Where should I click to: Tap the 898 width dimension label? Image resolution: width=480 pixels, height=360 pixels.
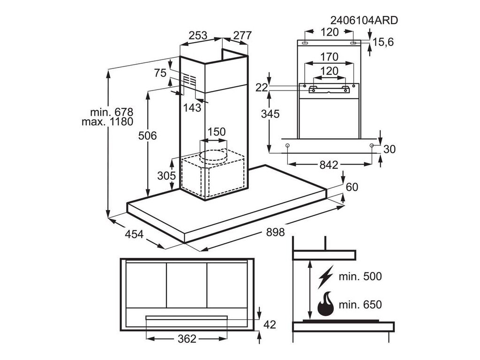point(275,232)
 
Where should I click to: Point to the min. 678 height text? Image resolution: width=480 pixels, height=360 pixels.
point(112,112)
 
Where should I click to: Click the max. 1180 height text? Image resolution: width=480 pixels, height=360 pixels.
point(107,122)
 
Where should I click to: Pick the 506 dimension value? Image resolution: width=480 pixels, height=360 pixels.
point(147,135)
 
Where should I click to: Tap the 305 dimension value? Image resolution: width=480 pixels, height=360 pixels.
point(166,176)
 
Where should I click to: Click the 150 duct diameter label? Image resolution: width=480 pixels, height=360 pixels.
point(216,132)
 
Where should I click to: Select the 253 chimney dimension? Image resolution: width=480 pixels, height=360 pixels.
point(198,36)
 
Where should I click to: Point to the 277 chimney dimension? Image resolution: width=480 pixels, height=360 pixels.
point(242,36)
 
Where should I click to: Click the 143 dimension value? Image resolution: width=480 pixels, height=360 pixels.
point(192,108)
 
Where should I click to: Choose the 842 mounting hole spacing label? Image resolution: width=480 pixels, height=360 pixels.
point(329,165)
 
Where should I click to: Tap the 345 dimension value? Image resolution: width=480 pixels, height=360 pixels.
point(270,114)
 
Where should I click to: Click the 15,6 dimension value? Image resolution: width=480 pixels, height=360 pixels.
point(383,42)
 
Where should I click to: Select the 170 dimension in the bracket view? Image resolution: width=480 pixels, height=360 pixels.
point(329,57)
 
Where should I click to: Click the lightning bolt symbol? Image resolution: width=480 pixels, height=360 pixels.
point(326,277)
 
